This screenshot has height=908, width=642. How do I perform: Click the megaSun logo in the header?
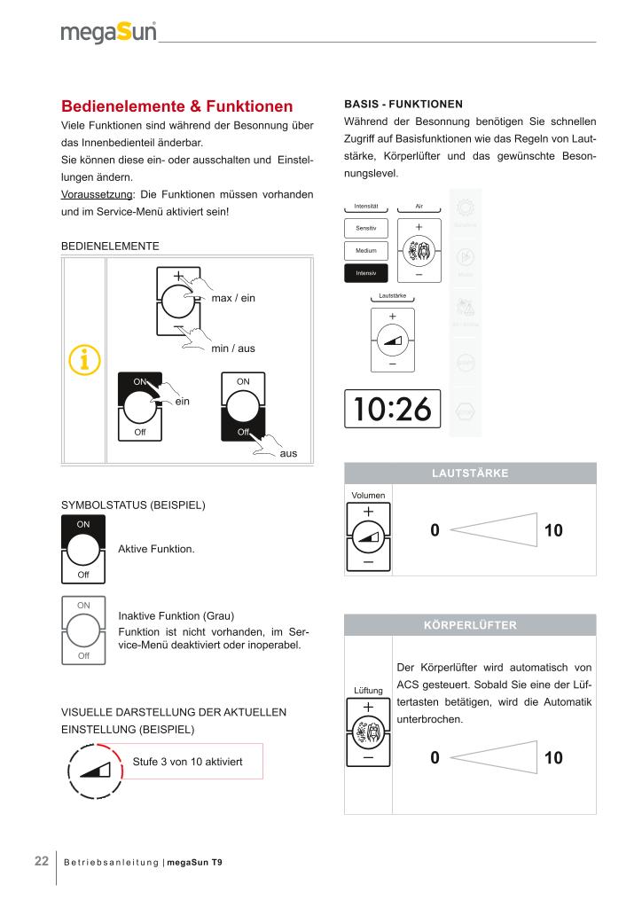tap(109, 33)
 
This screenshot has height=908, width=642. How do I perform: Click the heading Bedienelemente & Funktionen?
tap(176, 106)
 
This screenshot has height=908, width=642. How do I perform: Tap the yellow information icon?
tap(84, 360)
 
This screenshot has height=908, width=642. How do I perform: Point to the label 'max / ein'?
tap(233, 298)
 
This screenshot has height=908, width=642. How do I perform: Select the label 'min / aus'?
tap(233, 348)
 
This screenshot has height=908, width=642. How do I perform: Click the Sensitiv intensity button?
tap(366, 229)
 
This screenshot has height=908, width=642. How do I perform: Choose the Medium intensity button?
tap(366, 251)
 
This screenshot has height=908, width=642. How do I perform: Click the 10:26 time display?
tap(393, 409)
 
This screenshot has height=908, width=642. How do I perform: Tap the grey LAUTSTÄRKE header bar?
tap(470, 474)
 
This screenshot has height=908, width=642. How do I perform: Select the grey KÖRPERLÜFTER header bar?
tap(470, 625)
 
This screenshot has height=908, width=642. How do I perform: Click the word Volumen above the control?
tap(368, 495)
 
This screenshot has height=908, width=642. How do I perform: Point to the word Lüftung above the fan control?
tap(368, 690)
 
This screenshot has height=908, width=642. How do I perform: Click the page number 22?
tap(42, 861)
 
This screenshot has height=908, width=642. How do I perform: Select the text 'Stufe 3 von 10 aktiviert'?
tap(187, 761)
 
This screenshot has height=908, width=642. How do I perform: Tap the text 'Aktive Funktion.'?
tap(156, 550)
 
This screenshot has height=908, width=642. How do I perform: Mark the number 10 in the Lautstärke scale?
tap(553, 531)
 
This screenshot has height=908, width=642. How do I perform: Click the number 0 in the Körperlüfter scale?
tap(435, 758)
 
